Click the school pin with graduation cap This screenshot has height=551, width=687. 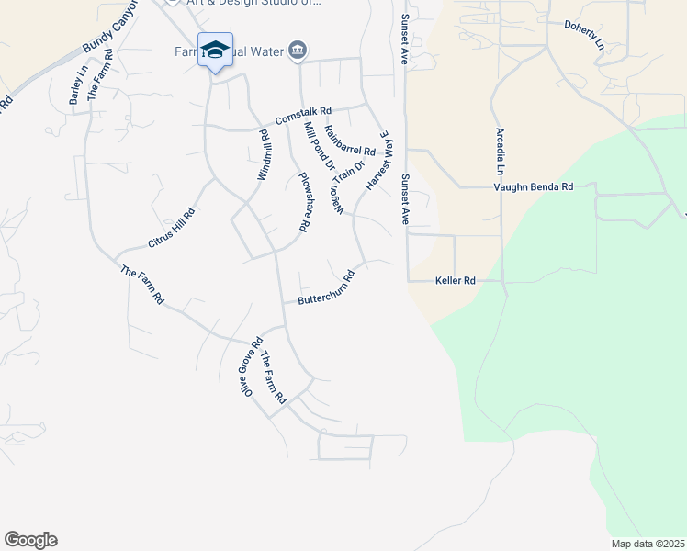[215, 51]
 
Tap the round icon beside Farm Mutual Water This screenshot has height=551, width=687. [297, 50]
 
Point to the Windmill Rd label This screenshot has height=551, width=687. [264, 154]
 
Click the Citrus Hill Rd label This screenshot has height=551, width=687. [171, 228]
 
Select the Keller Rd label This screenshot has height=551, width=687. [456, 280]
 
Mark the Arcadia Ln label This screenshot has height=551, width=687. [501, 152]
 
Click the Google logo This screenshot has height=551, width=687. [30, 540]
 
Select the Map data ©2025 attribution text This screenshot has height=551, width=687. [648, 544]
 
